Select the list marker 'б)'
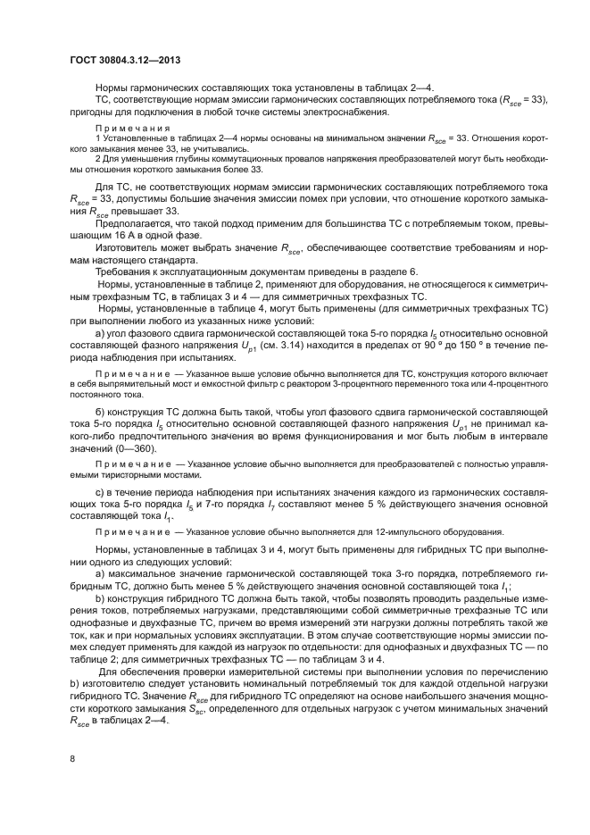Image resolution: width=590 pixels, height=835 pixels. (101, 412)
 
